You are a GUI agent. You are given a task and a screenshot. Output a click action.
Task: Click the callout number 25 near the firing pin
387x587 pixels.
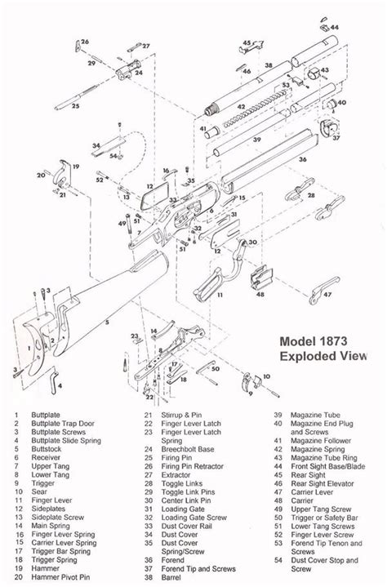(74, 106)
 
